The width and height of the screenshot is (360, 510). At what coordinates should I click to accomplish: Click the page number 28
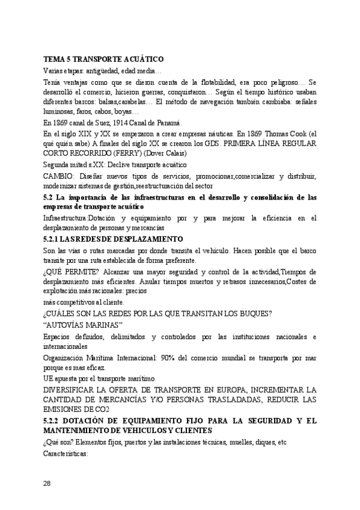click(48, 483)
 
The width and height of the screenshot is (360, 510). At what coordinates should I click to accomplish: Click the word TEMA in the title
click(54, 60)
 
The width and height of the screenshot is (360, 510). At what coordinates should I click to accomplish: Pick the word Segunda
click(58, 164)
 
